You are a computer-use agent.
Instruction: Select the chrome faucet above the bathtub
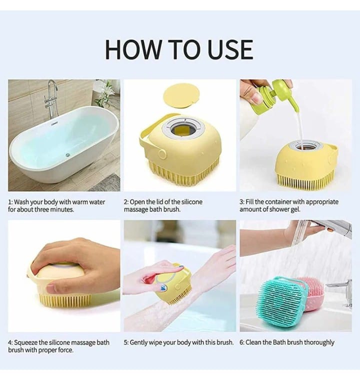(x=51, y=98)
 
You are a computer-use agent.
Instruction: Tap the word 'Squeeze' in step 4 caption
(x=28, y=343)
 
